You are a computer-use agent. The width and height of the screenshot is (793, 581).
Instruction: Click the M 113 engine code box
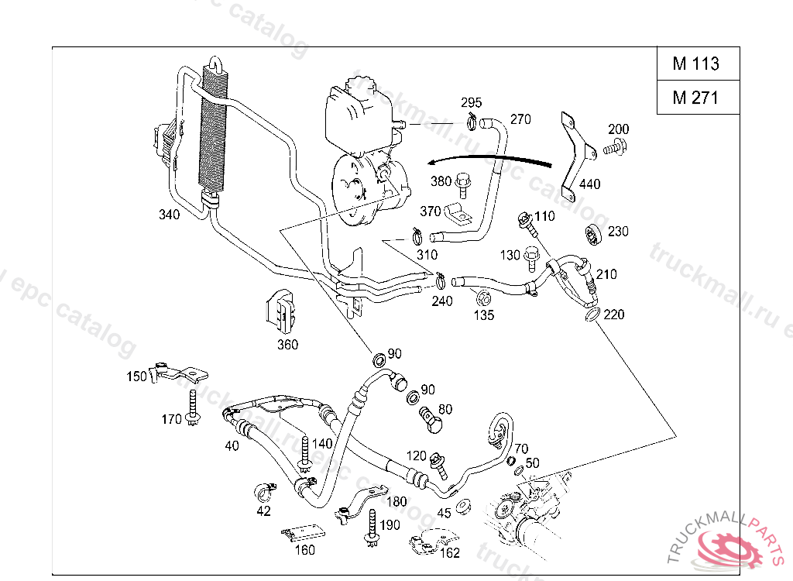point(696,64)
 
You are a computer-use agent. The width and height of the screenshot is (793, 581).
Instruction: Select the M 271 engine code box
point(696,98)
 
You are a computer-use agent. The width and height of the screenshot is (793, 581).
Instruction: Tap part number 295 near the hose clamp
point(472,103)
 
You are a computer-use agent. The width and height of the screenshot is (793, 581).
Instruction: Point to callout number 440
point(589,184)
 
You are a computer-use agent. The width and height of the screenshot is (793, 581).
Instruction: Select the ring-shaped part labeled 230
point(594,235)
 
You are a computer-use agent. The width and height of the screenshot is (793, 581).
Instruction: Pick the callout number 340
point(169,215)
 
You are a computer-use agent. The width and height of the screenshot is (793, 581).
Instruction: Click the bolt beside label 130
point(531,255)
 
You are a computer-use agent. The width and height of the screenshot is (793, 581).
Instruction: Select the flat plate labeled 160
point(303,535)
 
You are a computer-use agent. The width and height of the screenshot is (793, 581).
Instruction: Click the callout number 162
point(449,553)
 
